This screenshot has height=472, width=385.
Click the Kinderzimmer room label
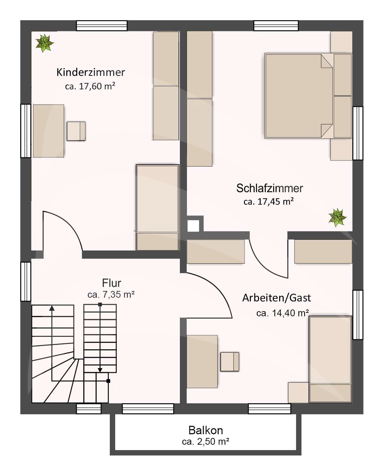click(x=91, y=72)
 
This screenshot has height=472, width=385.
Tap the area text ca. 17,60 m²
click(x=90, y=86)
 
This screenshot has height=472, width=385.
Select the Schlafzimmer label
click(x=269, y=188)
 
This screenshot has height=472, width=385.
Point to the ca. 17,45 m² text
click(x=268, y=202)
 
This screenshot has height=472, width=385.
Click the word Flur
click(x=111, y=283)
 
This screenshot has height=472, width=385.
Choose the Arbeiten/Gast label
click(x=277, y=298)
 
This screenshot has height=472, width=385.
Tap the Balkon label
click(x=205, y=431)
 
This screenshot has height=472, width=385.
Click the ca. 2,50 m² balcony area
click(x=205, y=442)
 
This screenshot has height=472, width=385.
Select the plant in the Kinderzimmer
click(x=44, y=43)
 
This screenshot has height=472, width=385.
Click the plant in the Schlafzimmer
click(x=337, y=217)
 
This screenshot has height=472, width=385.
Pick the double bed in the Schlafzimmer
click(x=298, y=96)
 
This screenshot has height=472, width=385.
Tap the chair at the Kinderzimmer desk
click(x=76, y=131)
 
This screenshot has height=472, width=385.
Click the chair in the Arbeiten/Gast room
click(x=230, y=362)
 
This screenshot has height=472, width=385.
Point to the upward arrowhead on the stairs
click(x=52, y=308)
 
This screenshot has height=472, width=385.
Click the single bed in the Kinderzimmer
click(x=157, y=207)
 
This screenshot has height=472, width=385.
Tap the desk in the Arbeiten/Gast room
click(x=202, y=361)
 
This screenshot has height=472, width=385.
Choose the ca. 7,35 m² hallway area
click(x=111, y=295)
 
